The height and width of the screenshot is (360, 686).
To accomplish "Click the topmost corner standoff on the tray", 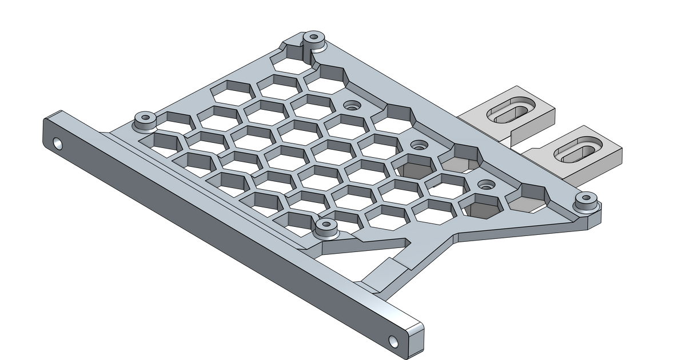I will point(313,39).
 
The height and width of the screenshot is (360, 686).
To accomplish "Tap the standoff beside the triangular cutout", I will point(326,227).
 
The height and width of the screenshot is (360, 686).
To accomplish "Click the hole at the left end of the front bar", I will point(57,142).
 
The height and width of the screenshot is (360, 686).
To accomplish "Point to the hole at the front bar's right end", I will point(393,341).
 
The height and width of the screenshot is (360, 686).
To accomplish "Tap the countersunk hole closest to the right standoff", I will point(486,185).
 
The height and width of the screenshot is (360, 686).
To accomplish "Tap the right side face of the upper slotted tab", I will point(547,117).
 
